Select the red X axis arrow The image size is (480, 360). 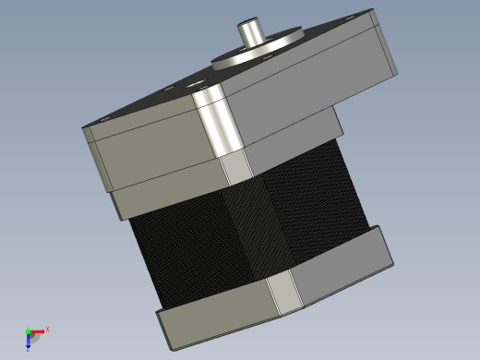tap(40, 330)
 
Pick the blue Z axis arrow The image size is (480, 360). tap(29, 342)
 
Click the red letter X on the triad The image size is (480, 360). tap(47, 329)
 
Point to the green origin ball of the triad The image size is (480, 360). tap(28, 330)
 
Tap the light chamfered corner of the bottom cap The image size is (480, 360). tap(286, 294)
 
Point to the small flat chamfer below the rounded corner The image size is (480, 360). tap(237, 168)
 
